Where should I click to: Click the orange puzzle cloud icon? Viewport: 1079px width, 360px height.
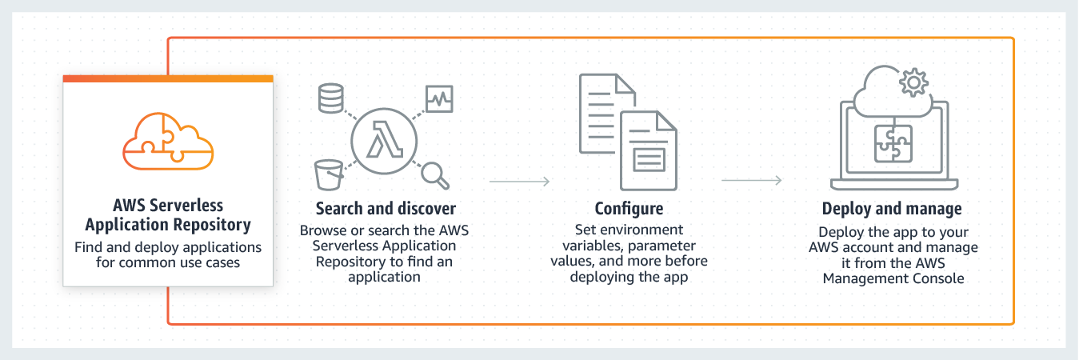[168, 140]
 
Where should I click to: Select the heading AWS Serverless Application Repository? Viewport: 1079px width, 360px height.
[168, 215]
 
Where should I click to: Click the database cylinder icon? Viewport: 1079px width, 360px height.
[330, 98]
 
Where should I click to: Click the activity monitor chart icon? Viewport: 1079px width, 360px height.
[439, 99]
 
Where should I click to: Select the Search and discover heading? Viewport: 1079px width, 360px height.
[386, 209]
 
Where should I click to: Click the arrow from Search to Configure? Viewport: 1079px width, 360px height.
[520, 182]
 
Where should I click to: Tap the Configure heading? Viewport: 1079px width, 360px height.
[629, 209]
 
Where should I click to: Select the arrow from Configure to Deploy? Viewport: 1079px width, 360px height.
[752, 182]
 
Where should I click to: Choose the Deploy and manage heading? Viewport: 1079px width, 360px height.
[892, 209]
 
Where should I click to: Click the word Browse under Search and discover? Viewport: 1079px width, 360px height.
[323, 230]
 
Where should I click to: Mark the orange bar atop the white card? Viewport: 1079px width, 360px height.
[168, 78]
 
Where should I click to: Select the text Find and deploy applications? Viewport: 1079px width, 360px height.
[168, 247]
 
